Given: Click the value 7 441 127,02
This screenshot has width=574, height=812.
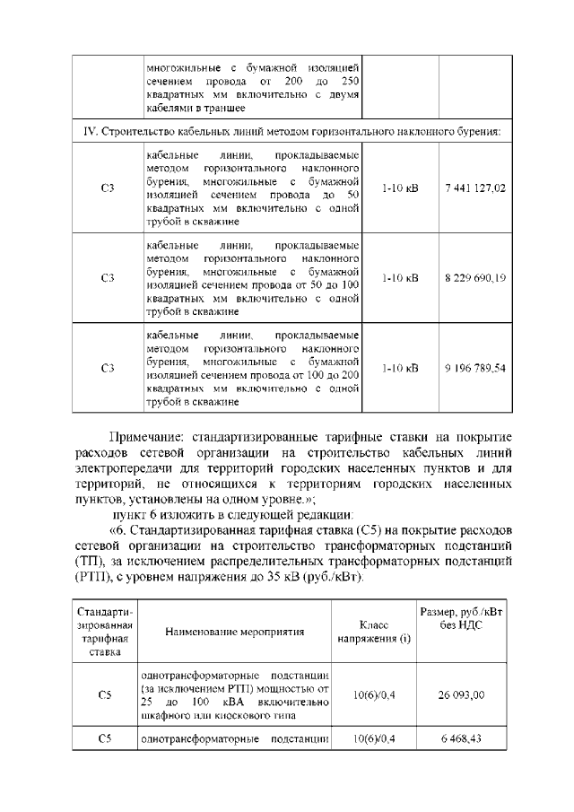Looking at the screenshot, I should (474, 188).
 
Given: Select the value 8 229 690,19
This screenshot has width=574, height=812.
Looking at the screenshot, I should (474, 278).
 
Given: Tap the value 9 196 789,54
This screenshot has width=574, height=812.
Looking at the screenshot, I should (474, 368).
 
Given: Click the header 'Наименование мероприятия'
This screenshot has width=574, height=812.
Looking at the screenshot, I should (235, 631).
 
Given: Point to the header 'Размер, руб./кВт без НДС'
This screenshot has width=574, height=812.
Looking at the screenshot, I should (463, 618).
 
